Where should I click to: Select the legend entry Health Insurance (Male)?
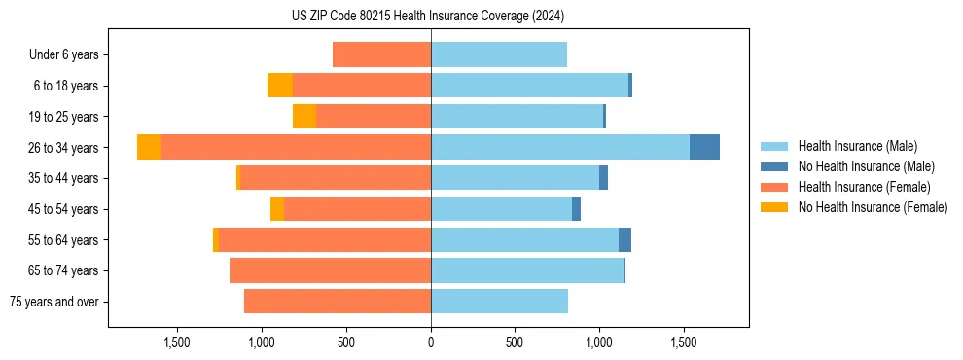[857, 146]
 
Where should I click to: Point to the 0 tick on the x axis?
[431, 342]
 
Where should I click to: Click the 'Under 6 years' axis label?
[64, 55]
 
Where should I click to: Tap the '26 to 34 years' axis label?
[62, 148]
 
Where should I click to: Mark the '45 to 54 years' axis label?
[62, 209]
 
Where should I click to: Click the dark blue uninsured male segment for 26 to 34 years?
[704, 147]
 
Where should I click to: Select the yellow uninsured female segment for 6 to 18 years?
[280, 86]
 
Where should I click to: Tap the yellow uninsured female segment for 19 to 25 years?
[304, 117]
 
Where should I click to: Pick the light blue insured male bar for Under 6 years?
[499, 55]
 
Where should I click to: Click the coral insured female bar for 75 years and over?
[338, 302]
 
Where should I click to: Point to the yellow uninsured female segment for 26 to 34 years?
[149, 147]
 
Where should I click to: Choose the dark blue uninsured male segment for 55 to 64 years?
[624, 239]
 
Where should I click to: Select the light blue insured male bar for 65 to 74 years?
[527, 270]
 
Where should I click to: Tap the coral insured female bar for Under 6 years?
[381, 55]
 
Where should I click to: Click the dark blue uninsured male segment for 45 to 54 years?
[576, 209]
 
